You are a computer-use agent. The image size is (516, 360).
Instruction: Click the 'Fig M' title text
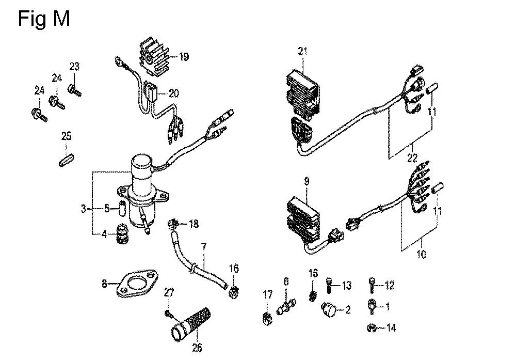(x=44, y=19)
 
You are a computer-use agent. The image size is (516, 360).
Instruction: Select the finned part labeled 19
(x=154, y=59)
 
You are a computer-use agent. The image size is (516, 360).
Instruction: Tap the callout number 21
(x=302, y=51)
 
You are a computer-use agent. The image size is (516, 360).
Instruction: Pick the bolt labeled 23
(x=74, y=90)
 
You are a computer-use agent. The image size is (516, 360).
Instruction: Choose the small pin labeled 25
(x=66, y=160)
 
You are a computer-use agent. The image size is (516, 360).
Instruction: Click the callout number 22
(x=412, y=158)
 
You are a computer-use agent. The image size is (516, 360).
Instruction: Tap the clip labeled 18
(x=173, y=224)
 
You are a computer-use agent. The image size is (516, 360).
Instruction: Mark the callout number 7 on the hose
(x=204, y=247)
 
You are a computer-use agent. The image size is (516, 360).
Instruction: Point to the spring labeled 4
(x=122, y=234)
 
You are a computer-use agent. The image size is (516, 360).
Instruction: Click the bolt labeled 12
(x=372, y=285)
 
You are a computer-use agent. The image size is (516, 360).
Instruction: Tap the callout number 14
(x=391, y=328)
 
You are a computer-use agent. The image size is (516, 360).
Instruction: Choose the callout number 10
(x=421, y=254)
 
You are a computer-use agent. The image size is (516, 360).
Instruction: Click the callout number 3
(x=84, y=209)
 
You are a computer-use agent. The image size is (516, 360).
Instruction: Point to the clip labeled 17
(x=267, y=319)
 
